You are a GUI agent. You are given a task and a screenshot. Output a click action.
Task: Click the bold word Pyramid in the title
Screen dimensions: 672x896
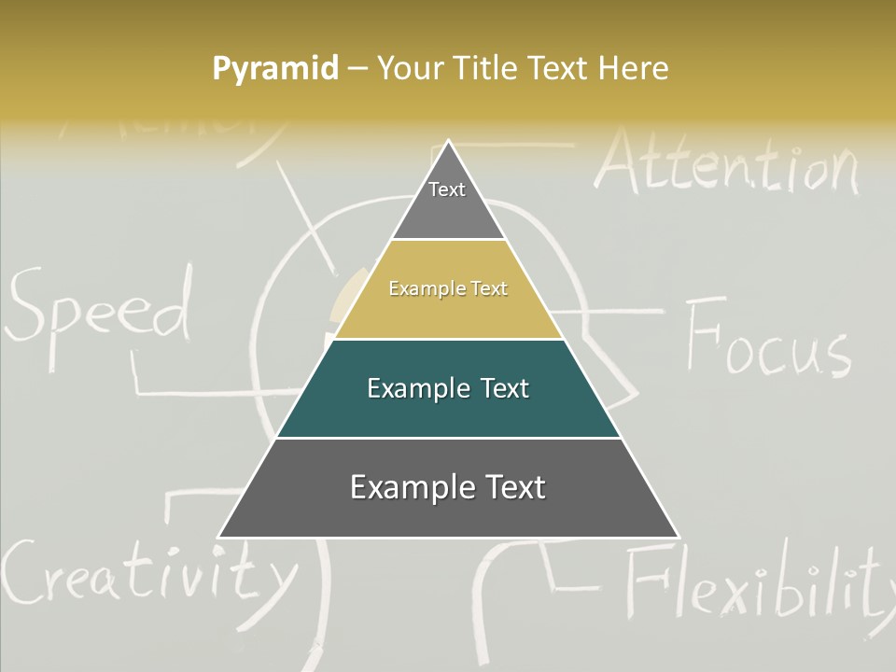coord(275,69)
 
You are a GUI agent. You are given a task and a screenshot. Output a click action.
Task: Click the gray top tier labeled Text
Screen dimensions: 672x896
coord(448,201)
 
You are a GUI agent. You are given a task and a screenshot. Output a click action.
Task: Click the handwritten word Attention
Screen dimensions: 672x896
coord(726,163)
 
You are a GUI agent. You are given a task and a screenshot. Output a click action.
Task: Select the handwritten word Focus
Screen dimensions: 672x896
coord(767,339)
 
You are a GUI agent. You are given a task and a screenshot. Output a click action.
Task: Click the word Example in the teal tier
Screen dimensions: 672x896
coord(408,388)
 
